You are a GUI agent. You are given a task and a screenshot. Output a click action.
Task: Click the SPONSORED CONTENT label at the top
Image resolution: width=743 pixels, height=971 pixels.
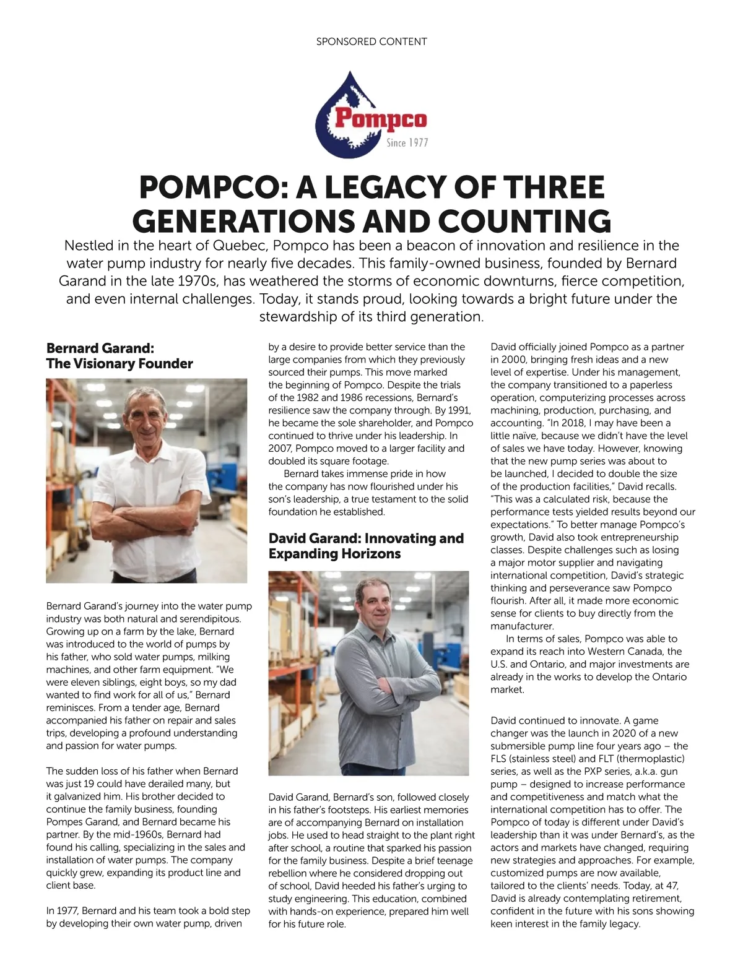371,42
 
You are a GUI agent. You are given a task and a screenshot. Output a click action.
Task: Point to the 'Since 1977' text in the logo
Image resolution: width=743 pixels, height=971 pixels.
407,143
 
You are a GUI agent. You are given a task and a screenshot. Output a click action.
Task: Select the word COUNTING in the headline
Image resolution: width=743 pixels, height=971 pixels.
525,222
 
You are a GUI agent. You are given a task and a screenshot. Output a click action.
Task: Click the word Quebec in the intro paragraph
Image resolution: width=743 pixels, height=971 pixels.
240,245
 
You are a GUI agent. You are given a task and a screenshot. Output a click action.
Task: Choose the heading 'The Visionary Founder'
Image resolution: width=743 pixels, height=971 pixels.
119,363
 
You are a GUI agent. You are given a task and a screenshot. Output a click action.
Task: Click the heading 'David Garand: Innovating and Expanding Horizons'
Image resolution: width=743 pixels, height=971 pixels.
366,546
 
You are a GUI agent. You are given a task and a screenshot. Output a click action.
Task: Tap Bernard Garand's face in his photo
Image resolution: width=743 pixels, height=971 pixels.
147,419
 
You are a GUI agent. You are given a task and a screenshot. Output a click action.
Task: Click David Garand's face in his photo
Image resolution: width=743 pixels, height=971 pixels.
373,605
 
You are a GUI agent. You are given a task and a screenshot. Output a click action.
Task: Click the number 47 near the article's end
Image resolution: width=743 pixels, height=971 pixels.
670,886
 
